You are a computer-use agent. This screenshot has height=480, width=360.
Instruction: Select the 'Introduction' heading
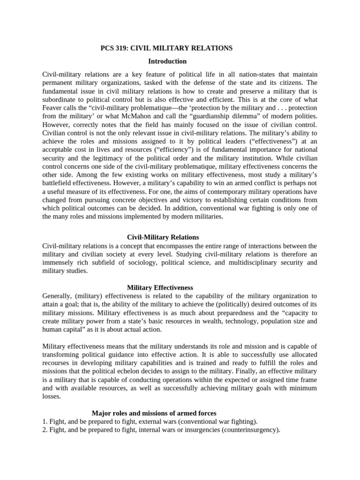click(x=167, y=61)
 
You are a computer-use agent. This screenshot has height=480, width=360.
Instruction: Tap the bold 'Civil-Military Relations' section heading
click(x=163, y=237)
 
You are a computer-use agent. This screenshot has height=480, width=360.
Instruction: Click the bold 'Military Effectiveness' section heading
click(x=160, y=287)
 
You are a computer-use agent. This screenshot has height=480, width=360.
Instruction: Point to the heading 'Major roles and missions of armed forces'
click(x=154, y=413)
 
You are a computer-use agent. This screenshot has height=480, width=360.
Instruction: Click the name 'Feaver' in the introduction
click(x=53, y=108)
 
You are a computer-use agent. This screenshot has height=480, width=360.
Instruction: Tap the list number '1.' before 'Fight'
click(x=45, y=421)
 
